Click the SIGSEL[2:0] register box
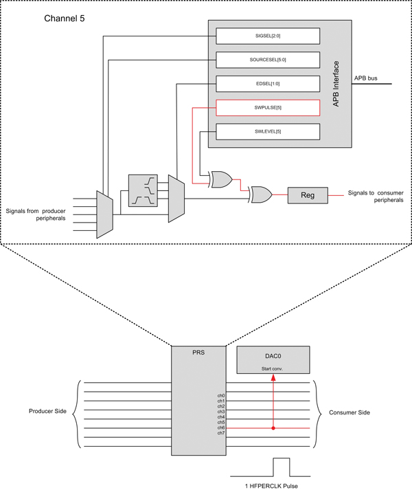coord(268,34)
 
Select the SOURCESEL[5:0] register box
coord(268,59)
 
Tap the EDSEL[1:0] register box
coord(268,83)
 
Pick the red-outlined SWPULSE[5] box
coord(268,107)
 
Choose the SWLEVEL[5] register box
coord(268,131)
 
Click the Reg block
coord(308,196)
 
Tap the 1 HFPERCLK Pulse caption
coord(273,485)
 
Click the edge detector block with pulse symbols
coord(143,190)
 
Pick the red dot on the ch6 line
coord(273,427)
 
